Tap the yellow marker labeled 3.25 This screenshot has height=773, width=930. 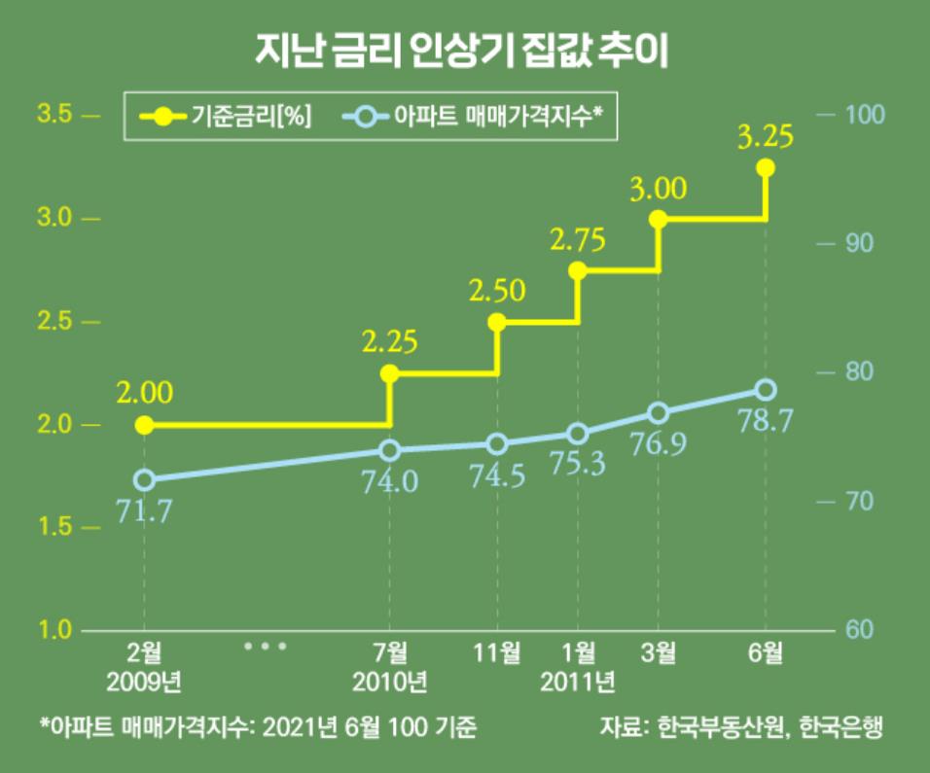(x=765, y=168)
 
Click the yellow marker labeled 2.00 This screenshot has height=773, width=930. (x=144, y=425)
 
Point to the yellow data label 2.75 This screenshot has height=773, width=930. (x=578, y=239)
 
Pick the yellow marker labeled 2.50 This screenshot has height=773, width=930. (x=497, y=322)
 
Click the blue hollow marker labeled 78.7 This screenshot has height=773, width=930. (x=765, y=390)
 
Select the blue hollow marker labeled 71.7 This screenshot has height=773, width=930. (x=144, y=479)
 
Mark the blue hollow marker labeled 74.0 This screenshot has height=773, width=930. (x=389, y=450)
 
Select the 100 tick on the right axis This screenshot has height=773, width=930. (x=861, y=115)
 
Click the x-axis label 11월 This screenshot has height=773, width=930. (x=497, y=651)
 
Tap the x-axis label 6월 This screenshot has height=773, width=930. (x=765, y=651)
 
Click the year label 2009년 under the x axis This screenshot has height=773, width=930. (x=144, y=680)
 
